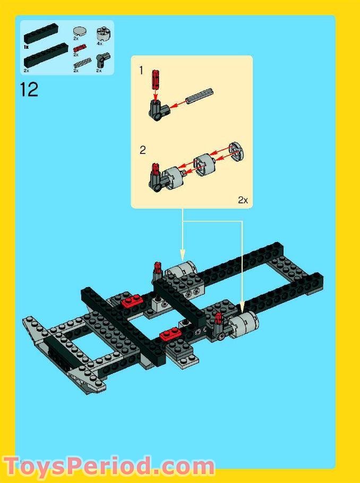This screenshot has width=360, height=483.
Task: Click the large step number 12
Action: coord(29,89)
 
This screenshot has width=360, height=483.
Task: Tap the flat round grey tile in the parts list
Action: coord(80,31)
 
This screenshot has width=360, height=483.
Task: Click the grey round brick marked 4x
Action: coord(102,33)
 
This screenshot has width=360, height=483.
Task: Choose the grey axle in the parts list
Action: coord(80,64)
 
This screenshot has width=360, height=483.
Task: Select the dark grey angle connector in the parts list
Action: coord(102,59)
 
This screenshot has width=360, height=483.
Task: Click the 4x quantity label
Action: coord(99,44)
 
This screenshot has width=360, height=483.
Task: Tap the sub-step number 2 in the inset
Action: coord(142,150)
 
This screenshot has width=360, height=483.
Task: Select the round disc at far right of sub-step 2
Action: coord(236,153)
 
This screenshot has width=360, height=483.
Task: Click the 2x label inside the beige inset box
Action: coord(243,200)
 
